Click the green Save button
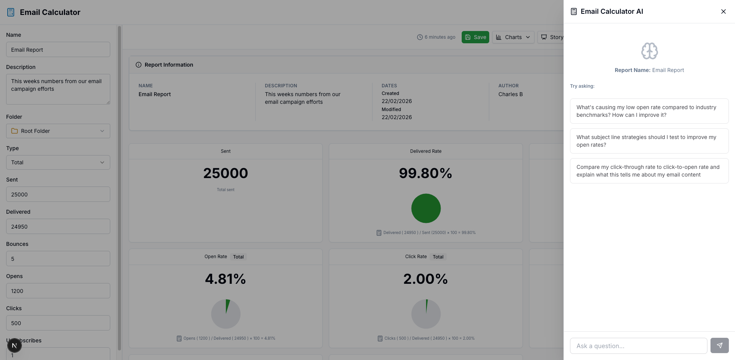(x=475, y=37)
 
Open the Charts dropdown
(x=513, y=37)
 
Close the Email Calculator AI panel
(x=723, y=11)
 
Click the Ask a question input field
(x=638, y=346)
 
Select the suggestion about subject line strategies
(x=649, y=141)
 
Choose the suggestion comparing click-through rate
(x=649, y=171)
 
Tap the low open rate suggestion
(x=649, y=111)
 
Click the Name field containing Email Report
(x=58, y=50)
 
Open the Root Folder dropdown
(x=58, y=131)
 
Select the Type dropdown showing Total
(x=58, y=162)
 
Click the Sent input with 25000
(x=58, y=195)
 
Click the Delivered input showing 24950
(x=58, y=227)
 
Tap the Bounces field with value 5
(x=58, y=259)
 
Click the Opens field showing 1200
(x=58, y=291)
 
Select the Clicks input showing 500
(x=58, y=323)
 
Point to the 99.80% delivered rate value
(x=425, y=173)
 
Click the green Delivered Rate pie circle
(x=426, y=208)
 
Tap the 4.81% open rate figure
(x=225, y=279)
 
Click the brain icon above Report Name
(x=649, y=51)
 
